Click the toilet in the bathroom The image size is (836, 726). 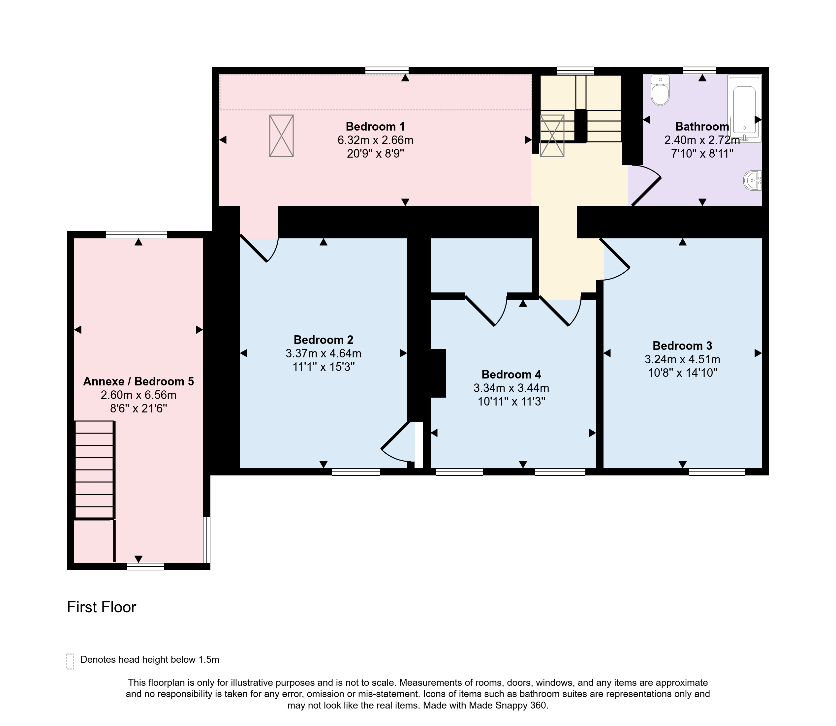[660, 90]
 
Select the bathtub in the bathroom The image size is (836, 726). [744, 108]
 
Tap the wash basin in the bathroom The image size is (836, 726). [753, 180]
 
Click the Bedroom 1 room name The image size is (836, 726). [375, 126]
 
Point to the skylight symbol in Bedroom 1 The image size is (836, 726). [281, 136]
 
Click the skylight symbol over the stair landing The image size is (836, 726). [552, 136]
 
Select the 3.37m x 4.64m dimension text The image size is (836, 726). [324, 353]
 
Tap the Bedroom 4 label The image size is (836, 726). [511, 374]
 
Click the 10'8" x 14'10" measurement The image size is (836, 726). [683, 373]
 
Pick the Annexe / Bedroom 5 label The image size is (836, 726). [139, 381]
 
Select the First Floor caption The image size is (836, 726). [101, 607]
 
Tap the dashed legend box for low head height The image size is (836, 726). [70, 661]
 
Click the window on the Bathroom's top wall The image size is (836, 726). [699, 71]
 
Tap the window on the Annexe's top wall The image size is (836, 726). [137, 234]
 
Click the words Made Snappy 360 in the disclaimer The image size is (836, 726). [508, 705]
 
